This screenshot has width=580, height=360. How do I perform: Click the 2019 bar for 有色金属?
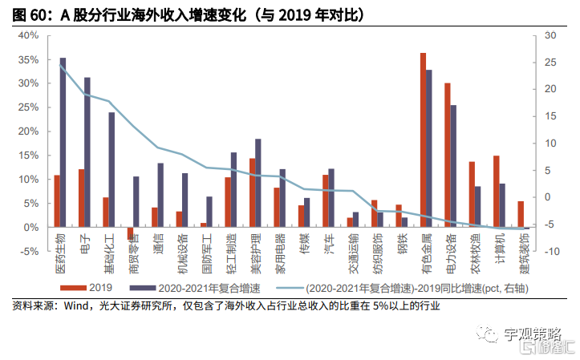click(423, 140)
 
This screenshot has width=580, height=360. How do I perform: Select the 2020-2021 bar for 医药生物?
click(63, 143)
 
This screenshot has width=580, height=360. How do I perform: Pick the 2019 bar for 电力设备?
click(447, 156)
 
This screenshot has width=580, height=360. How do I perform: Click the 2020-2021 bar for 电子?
click(87, 152)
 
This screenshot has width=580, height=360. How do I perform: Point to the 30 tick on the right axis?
click(549, 36)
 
